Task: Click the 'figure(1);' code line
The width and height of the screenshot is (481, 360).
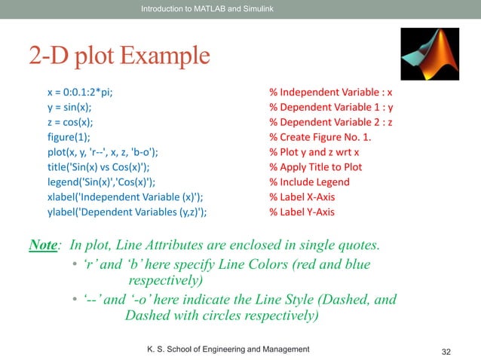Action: pos(71,137)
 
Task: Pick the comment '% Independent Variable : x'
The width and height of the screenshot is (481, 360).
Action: pos(331,93)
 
